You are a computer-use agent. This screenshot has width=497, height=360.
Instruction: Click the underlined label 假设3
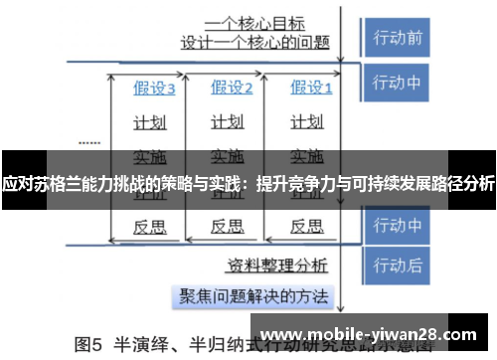[154, 89]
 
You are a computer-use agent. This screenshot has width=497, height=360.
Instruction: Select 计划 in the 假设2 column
[228, 122]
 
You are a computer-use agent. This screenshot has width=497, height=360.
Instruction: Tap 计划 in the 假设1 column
[305, 122]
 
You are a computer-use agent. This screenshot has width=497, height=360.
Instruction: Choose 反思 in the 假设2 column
[228, 226]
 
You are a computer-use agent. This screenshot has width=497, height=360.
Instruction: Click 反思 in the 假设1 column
[305, 226]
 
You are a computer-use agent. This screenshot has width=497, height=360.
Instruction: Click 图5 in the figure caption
[90, 348]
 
